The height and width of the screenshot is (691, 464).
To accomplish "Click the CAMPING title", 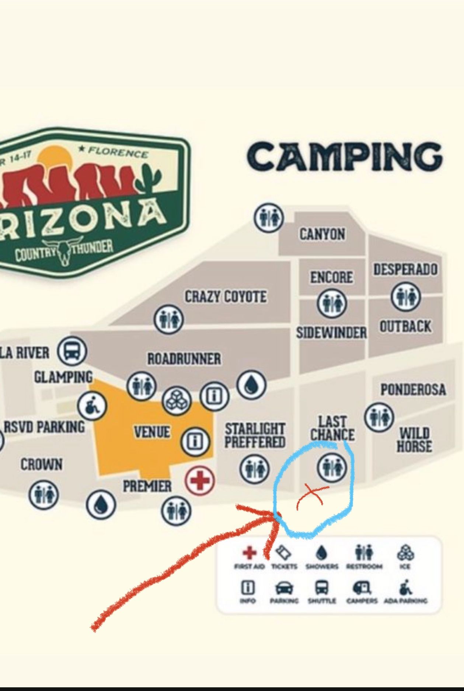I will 345,157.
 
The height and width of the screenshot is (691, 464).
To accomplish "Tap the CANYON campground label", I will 322,234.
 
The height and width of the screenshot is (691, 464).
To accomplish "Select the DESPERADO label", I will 405,269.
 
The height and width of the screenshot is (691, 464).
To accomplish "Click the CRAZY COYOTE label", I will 226,297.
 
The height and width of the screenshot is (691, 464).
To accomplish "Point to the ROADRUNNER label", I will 184,359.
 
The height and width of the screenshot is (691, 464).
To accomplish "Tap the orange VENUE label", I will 152,432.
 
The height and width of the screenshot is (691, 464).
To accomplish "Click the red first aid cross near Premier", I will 199,480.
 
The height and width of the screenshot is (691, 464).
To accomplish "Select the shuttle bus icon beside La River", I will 72,351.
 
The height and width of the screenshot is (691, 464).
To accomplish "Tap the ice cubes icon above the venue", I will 177,401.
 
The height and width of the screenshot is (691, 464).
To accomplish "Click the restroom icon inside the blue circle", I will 332,467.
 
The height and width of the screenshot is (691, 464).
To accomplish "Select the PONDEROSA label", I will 413,389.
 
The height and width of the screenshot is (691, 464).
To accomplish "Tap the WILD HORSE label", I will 414,440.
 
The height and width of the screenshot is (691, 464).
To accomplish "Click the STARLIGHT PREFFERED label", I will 255,435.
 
